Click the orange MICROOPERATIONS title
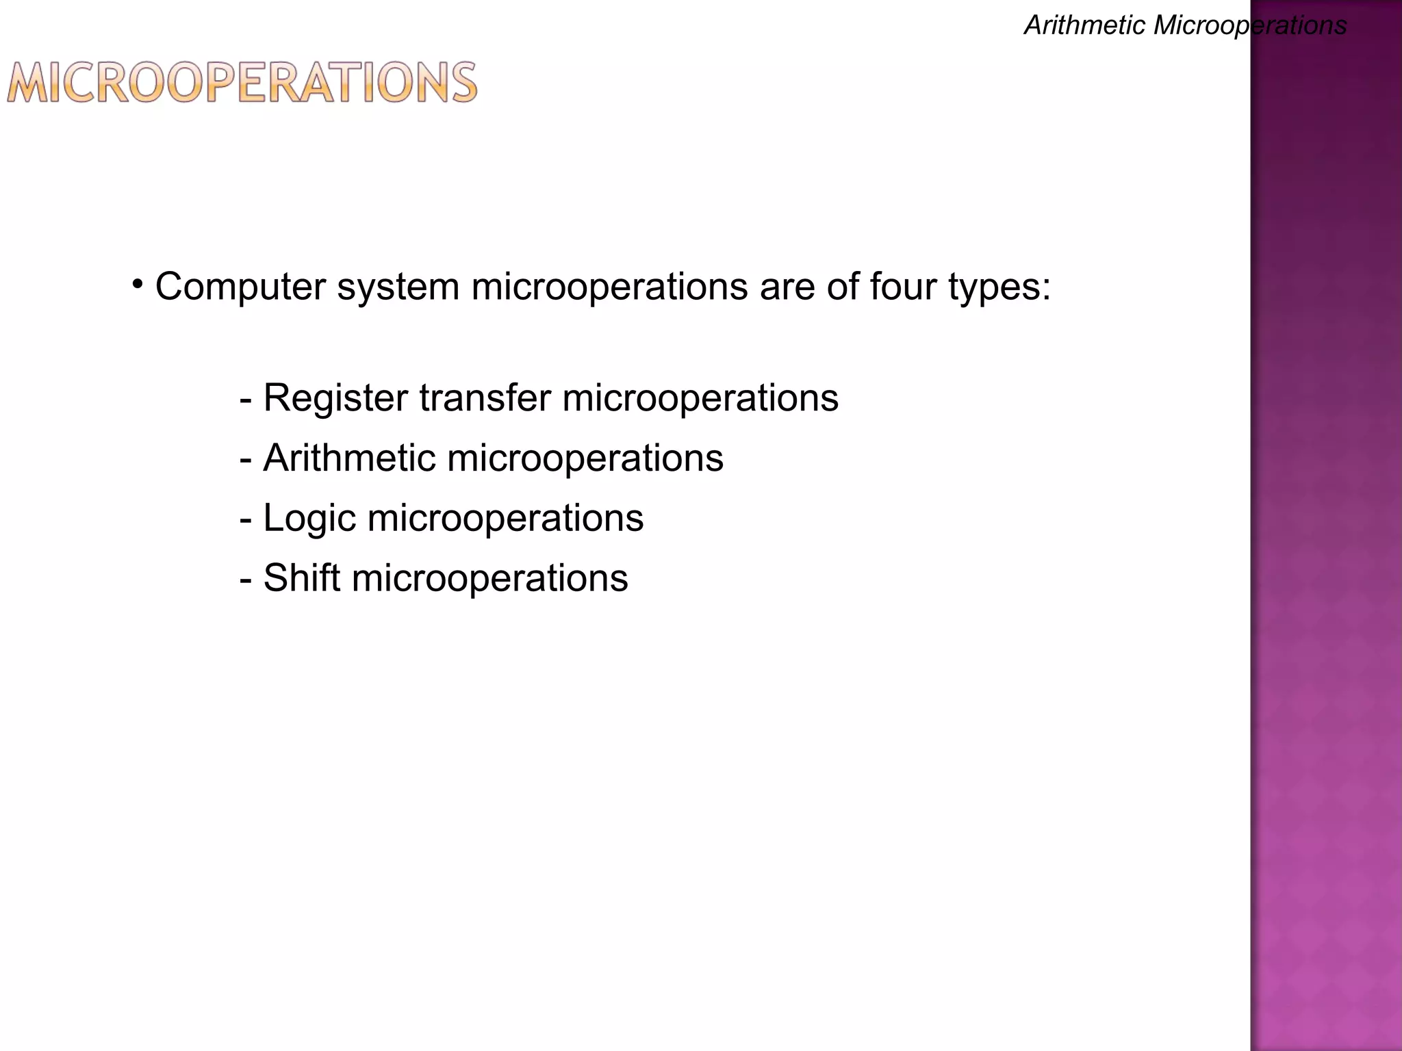click(242, 83)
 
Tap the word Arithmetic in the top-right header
click(1084, 26)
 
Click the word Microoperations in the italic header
click(1250, 26)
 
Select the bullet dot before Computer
click(138, 283)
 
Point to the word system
click(398, 287)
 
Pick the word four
click(903, 287)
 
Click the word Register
click(335, 398)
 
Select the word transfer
click(485, 398)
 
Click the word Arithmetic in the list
click(349, 458)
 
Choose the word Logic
click(309, 518)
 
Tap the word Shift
click(302, 578)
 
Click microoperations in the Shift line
click(489, 579)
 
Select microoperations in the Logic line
click(505, 519)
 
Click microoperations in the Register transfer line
click(700, 399)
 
